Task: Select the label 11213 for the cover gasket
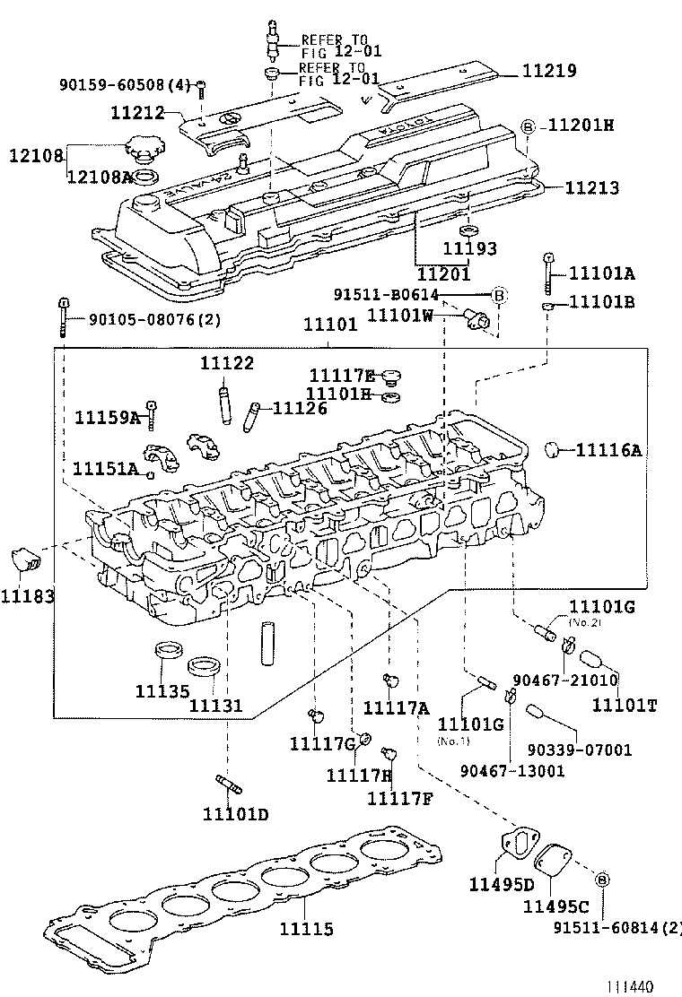pos(593,189)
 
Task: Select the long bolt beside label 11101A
pos(546,274)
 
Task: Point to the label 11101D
pos(235,814)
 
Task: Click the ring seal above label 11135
pos(167,649)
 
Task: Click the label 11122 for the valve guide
pos(226,363)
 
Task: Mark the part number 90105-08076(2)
pos(154,319)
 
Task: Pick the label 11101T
pos(625,705)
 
